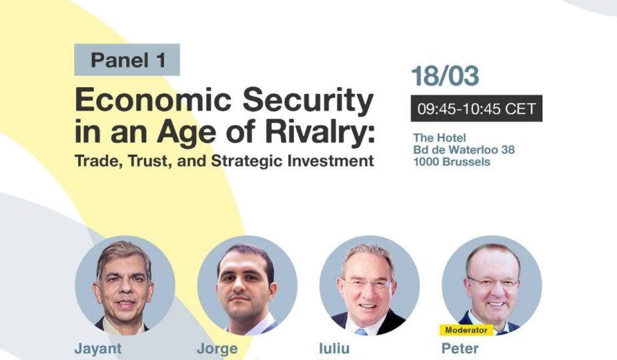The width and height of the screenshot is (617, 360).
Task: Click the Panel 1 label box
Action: [127, 59]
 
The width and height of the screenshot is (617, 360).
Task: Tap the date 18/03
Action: [445, 75]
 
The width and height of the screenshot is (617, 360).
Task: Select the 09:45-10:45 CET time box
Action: [476, 108]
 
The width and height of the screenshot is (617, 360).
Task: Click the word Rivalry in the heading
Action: [320, 132]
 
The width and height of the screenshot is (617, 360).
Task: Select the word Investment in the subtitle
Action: [331, 161]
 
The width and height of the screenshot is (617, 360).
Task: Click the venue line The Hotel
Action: [440, 138]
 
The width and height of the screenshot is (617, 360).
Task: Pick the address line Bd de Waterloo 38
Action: [464, 149]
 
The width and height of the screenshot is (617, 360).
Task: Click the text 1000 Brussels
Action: [452, 162]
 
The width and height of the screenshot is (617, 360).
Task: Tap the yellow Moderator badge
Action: [466, 330]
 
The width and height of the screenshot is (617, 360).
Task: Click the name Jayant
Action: [98, 349]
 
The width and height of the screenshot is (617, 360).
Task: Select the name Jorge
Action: [217, 349]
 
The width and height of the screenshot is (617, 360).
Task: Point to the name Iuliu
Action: [334, 348]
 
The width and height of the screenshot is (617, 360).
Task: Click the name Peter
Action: [460, 348]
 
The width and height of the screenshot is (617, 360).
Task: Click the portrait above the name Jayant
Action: [125, 285]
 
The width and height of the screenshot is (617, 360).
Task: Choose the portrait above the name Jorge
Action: [247, 285]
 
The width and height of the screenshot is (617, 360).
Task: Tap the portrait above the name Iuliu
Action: [370, 285]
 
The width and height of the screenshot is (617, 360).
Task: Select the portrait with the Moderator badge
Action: [492, 285]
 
